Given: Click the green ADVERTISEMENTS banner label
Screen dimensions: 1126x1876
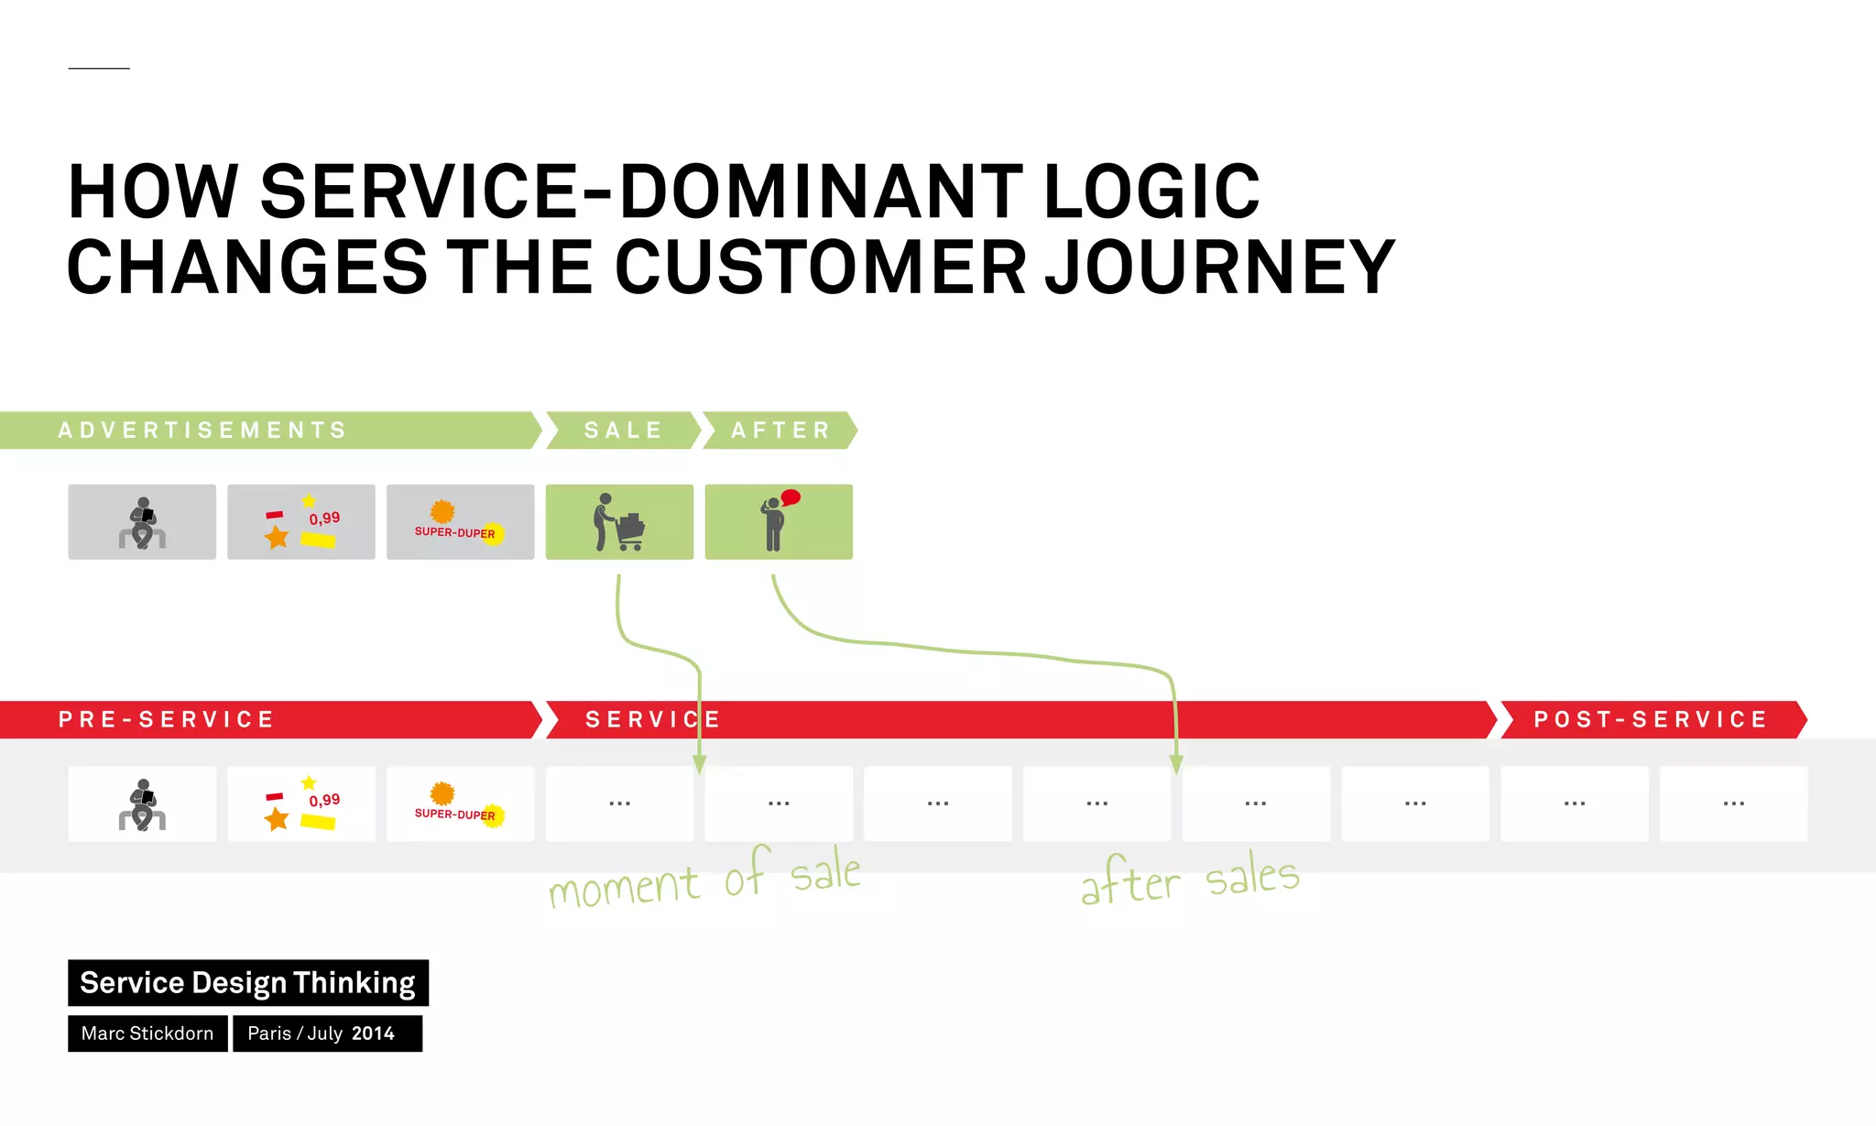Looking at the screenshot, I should [x=202, y=430].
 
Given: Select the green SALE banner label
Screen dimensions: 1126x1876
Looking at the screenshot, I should [x=623, y=430].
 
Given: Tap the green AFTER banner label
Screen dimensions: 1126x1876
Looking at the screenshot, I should [x=780, y=430].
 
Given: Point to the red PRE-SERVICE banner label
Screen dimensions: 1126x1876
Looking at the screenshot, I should [x=167, y=719].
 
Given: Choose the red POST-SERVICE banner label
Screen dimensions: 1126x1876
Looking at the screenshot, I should [x=1651, y=719].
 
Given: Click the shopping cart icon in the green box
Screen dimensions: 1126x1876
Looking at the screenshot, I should [x=630, y=531].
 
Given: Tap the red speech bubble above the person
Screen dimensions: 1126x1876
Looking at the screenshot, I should [x=791, y=497].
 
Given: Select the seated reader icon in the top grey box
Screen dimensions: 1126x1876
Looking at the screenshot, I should [x=142, y=522].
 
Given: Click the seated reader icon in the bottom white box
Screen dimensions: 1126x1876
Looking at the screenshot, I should [x=142, y=804].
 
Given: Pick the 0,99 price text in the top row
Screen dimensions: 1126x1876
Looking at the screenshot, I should [x=324, y=518].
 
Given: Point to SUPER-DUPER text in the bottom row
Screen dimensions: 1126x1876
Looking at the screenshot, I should [x=454, y=814].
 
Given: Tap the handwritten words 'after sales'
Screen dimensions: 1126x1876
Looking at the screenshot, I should [x=1189, y=880].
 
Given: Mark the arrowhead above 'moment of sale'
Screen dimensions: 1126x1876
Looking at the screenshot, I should [x=700, y=765].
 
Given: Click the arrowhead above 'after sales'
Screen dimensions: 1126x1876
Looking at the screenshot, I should [x=1176, y=765].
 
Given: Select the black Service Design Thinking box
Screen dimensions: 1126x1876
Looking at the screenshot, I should [x=247, y=982].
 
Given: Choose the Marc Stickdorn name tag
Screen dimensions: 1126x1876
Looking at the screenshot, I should [x=147, y=1033].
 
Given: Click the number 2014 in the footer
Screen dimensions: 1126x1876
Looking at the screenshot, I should [x=373, y=1033].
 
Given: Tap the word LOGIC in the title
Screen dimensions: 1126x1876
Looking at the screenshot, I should [x=1151, y=191].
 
